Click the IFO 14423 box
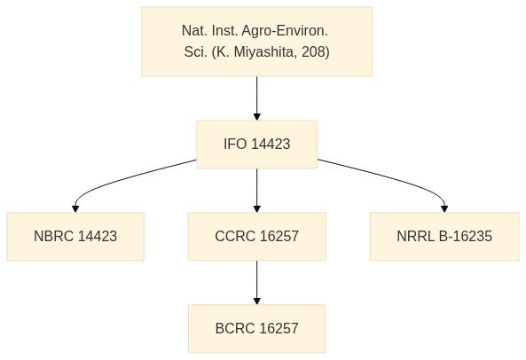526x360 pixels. point(256,145)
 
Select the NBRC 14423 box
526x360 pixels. point(75,237)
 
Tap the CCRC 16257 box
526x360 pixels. point(257,237)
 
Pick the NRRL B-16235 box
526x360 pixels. point(444,237)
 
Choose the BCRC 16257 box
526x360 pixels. point(256,328)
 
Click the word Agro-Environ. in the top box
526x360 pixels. point(285,31)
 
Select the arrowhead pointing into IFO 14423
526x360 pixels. point(257,117)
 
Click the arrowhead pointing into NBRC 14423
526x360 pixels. point(75,209)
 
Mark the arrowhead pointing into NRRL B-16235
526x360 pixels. point(444,209)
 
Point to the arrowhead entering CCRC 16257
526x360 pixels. point(257,209)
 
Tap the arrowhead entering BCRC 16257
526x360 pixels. point(257,301)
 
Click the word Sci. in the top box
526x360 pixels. point(195,52)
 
